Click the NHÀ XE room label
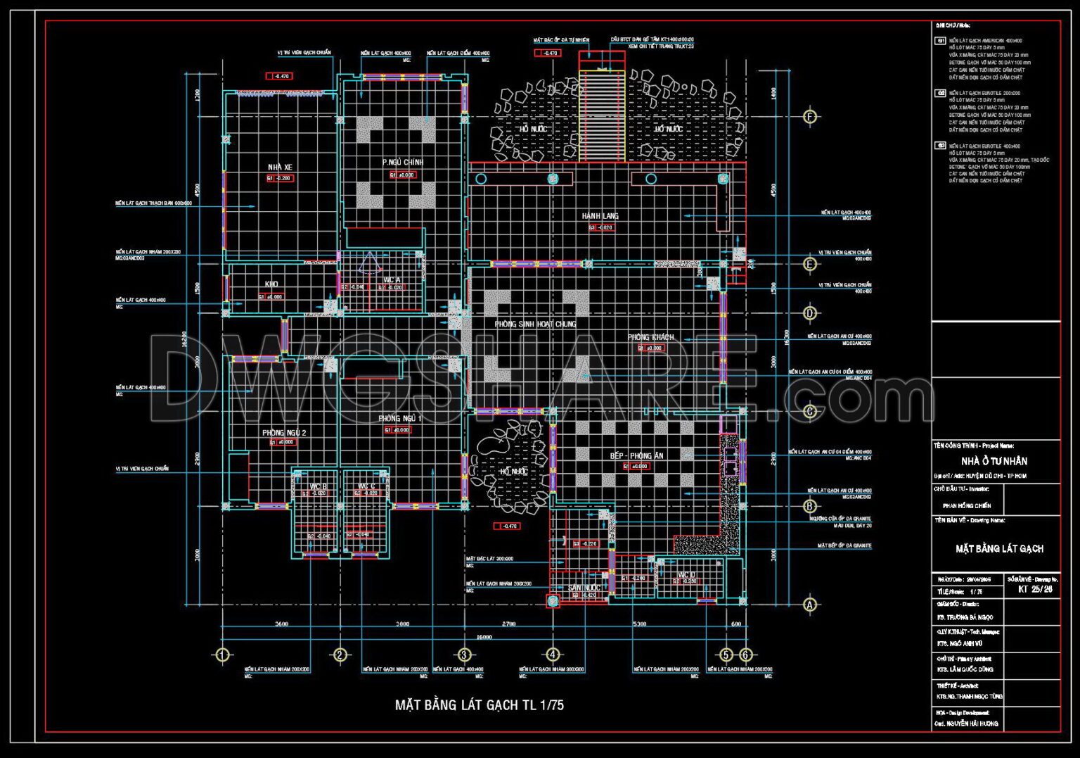click(280, 168)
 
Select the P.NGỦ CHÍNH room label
click(403, 163)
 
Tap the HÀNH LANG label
click(600, 216)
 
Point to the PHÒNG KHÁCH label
click(651, 337)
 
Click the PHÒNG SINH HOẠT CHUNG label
click(535, 324)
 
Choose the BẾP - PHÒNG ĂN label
click(636, 456)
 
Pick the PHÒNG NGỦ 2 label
click(284, 433)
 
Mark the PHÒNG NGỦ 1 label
click(400, 419)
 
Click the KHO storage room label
click(271, 284)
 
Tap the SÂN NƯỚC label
click(584, 588)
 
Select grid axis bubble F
click(810, 117)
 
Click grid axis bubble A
click(810, 604)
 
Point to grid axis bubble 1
click(222, 655)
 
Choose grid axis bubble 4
click(553, 655)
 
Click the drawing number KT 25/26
click(1035, 589)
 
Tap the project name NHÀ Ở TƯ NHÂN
click(994, 461)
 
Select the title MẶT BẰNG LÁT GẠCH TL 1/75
click(479, 705)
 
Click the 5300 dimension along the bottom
click(640, 624)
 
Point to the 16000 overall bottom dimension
click(484, 638)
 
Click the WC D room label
click(687, 575)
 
